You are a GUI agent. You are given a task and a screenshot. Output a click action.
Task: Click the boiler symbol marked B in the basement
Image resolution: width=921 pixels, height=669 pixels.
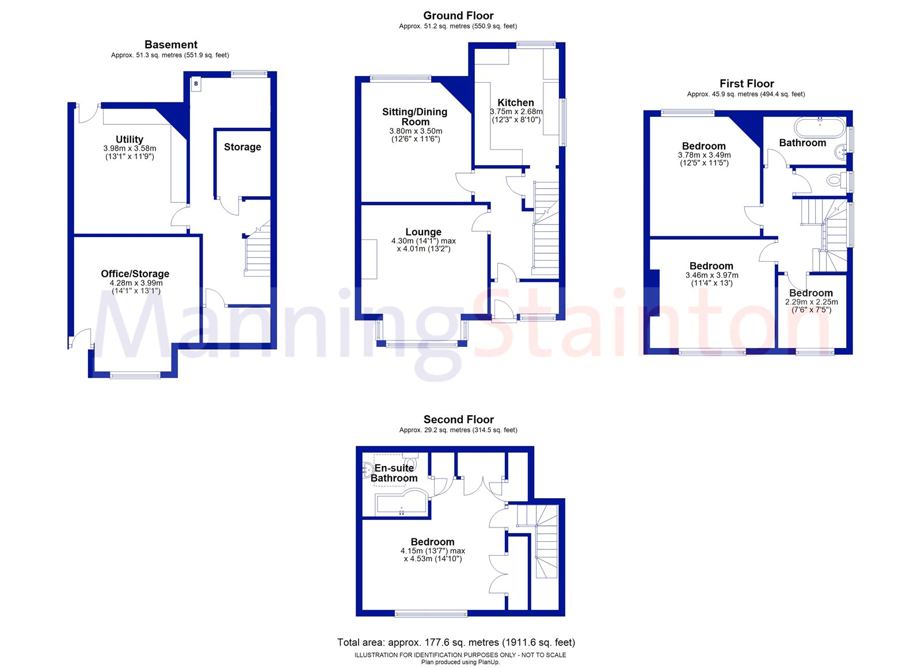pos(196,84)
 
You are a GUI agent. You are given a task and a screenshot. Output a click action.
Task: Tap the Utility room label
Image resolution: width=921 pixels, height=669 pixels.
pos(130,139)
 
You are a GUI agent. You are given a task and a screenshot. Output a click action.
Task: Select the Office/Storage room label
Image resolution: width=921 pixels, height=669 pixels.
pos(135,274)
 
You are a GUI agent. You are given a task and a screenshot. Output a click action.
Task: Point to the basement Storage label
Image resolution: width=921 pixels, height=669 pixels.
pos(242,147)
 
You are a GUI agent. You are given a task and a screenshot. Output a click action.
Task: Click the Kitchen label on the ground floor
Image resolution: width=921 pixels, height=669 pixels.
pos(516,102)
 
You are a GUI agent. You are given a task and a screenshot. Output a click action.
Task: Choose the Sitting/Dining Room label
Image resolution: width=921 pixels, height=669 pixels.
pos(415,117)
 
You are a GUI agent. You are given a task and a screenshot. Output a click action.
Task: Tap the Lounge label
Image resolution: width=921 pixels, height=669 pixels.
pos(424,232)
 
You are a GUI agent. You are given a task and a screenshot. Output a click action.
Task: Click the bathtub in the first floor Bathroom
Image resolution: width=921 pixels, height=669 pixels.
pos(820,126)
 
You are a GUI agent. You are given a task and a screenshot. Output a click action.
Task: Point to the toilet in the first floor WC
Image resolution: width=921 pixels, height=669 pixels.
pos(834,180)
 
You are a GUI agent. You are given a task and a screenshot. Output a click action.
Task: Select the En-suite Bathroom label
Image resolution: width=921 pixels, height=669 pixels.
pos(394,473)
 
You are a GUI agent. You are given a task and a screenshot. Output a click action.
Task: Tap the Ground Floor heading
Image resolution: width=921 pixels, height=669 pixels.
pos(458,16)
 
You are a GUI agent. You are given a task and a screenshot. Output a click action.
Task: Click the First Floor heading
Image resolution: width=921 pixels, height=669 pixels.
pos(747,83)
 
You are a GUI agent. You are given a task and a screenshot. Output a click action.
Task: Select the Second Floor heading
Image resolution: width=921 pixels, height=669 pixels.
pos(458,419)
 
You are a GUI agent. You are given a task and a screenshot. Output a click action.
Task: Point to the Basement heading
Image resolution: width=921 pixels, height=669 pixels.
pos(171,44)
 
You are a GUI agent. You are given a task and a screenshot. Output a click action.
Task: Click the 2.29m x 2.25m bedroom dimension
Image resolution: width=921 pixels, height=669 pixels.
pos(812,301)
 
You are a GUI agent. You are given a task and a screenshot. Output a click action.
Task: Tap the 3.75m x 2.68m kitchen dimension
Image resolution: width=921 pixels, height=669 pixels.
pos(516,112)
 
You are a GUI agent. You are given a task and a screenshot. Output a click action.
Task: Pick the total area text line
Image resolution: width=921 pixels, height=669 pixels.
pos(456,642)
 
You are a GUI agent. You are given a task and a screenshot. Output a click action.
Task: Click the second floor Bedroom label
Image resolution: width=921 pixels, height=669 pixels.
pos(433,542)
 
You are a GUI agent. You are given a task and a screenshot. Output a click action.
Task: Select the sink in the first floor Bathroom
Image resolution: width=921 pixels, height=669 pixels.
pos(841,151)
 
